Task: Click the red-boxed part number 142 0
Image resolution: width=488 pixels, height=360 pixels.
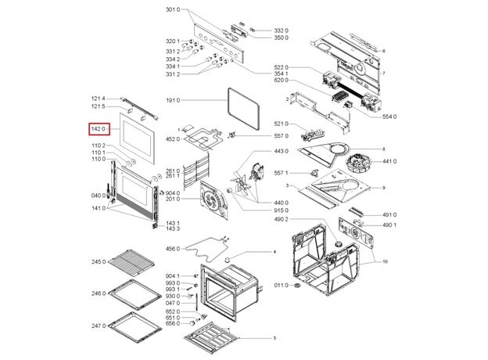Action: click(x=98, y=129)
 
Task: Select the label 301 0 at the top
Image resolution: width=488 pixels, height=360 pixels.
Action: click(x=172, y=10)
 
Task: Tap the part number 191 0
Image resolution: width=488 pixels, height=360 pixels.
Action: click(x=173, y=101)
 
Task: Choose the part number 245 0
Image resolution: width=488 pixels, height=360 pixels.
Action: click(x=98, y=261)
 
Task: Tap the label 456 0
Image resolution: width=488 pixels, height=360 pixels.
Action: click(x=173, y=249)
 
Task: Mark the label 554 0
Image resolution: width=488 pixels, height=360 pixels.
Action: click(x=389, y=116)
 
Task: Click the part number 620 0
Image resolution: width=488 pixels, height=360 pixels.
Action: click(x=282, y=81)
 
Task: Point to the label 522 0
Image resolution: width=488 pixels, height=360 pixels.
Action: click(x=282, y=67)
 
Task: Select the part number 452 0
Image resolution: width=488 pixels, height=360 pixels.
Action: click(x=173, y=139)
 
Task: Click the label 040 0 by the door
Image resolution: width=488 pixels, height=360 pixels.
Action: click(x=98, y=195)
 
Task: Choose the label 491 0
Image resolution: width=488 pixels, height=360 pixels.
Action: click(x=389, y=214)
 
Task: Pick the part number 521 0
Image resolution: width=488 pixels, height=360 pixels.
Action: click(x=282, y=124)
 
